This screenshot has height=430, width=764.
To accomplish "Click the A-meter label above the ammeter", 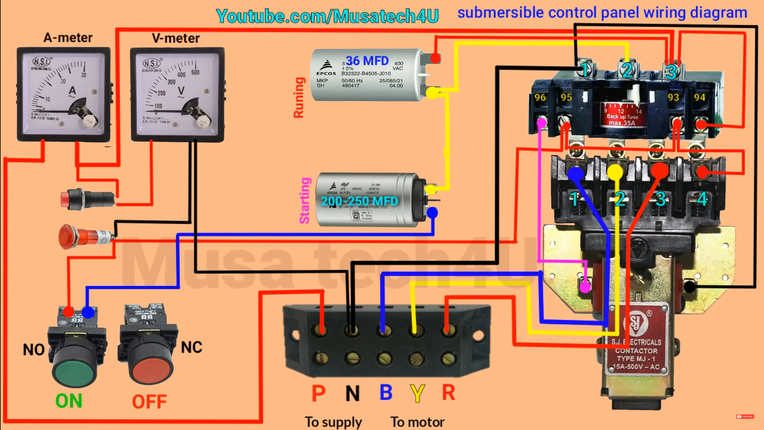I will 68,38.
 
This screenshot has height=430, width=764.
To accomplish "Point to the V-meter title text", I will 175,38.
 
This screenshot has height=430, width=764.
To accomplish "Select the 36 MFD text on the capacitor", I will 367,61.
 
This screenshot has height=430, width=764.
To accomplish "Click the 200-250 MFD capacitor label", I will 359,201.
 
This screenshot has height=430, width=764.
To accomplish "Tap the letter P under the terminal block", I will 318,393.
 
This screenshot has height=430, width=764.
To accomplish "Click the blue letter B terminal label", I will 386,392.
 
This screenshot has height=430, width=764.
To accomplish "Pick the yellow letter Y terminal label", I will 417,393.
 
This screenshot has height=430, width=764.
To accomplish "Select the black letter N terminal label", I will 352,393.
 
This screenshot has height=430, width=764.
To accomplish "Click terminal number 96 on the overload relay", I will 540,97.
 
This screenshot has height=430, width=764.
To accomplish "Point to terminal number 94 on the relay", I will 700,97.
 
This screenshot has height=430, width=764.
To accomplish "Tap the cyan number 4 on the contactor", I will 702,199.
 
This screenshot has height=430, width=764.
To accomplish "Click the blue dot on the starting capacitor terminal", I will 432,213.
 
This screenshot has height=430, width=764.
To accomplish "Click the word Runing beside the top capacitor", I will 299,98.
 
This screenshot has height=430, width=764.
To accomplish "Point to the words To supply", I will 333,422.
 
